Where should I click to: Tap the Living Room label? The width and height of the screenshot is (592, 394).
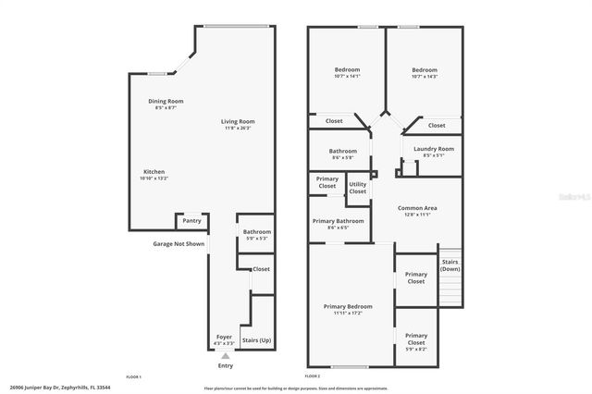(x=238, y=121)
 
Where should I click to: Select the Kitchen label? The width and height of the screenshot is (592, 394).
(x=154, y=171)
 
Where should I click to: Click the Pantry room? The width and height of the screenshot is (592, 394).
(x=191, y=221)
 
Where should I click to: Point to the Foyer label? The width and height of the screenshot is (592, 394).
(x=224, y=337)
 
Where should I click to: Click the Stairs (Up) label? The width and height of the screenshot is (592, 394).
(x=256, y=340)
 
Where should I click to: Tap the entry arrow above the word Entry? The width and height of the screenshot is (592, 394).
(x=225, y=355)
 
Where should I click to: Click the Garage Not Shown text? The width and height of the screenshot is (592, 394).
(x=179, y=244)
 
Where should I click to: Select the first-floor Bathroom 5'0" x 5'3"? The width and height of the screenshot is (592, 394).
(x=256, y=235)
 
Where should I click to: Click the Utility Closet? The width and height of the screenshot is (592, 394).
(x=357, y=188)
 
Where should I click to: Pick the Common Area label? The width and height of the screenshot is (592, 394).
(x=417, y=208)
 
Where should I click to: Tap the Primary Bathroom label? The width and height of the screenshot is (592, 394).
(x=339, y=221)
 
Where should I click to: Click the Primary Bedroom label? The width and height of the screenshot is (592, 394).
(x=348, y=306)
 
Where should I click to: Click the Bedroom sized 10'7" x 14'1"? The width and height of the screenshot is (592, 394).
(x=347, y=73)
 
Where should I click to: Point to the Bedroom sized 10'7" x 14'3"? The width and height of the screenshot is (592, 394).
(x=425, y=73)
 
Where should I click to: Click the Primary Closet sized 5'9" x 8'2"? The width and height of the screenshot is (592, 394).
(x=416, y=339)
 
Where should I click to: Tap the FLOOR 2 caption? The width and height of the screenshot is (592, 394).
(x=312, y=376)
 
